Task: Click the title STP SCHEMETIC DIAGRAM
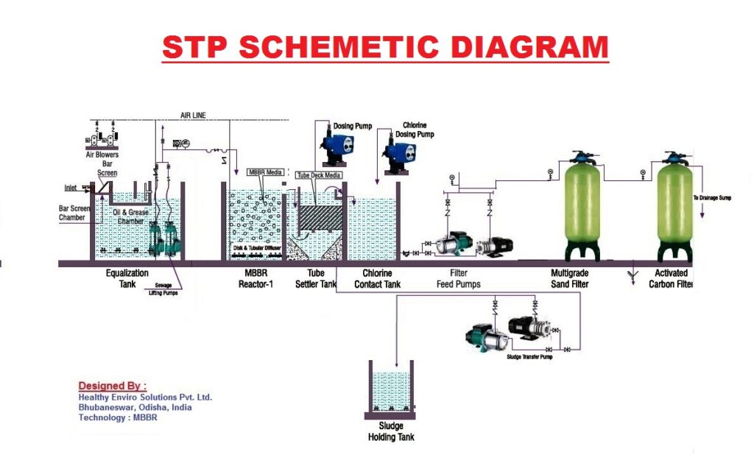click(x=385, y=47)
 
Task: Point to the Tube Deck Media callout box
click(x=318, y=175)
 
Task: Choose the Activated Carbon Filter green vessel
click(x=674, y=205)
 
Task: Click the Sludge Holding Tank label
click(x=391, y=431)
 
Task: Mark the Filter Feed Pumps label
click(x=459, y=278)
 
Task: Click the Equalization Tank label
click(x=127, y=278)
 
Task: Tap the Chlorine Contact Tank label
click(x=377, y=278)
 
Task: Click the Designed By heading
click(x=112, y=386)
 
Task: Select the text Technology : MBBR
click(x=118, y=417)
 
